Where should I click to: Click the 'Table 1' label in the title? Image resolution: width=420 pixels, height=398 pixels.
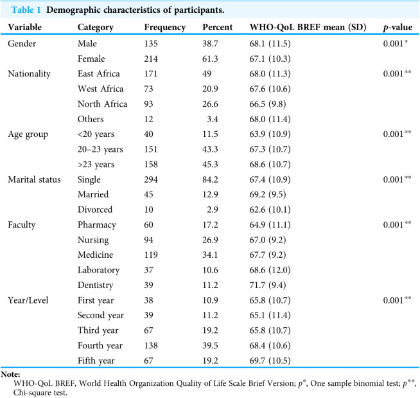26,10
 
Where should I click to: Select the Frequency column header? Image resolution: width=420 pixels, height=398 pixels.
165,28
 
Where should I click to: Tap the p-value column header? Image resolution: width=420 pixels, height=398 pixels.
398,28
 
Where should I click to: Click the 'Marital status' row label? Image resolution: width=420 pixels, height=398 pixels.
34,179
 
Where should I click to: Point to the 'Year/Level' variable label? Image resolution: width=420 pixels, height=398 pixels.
28,300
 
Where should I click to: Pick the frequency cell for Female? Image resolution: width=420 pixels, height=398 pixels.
151,59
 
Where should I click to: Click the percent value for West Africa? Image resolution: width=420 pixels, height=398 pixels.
210,89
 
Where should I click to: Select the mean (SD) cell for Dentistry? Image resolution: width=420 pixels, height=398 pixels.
268,285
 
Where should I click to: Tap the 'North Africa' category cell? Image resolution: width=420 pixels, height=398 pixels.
102,104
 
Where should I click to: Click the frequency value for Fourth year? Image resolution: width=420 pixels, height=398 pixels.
151,345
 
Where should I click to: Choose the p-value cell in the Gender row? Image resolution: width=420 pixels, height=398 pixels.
396,43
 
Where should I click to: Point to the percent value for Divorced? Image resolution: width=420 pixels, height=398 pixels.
212,210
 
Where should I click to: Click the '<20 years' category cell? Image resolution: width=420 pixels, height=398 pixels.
96,134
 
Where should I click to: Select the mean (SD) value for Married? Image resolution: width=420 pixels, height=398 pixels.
268,194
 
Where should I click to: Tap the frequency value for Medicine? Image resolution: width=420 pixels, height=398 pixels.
151,255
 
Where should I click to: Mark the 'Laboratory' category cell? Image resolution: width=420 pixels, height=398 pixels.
98,270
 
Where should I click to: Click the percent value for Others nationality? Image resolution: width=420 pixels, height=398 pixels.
212,119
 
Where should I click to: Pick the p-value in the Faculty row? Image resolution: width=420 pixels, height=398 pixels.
398,224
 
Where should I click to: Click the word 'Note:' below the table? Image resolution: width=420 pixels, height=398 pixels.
11,374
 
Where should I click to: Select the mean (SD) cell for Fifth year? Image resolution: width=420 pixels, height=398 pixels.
270,361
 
